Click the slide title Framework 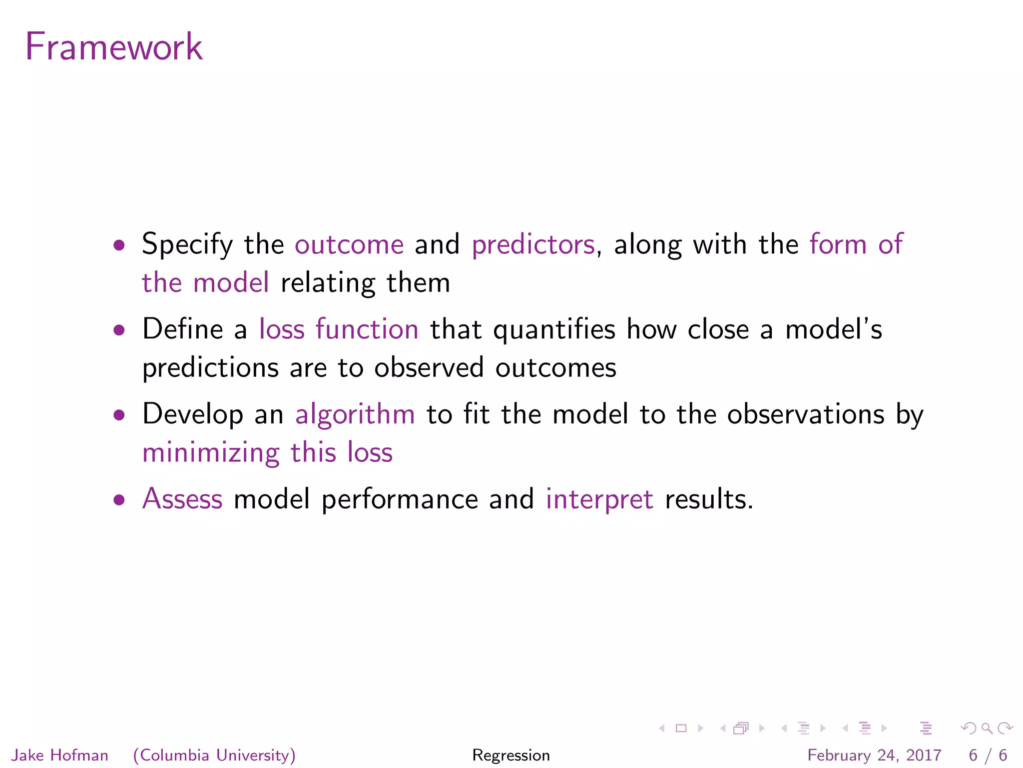(114, 46)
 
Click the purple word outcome (349, 244)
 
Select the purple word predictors (533, 245)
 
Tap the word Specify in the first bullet (187, 245)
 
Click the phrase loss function (339, 329)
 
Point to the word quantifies (554, 330)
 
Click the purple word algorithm (355, 414)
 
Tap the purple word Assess (182, 499)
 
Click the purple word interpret (599, 499)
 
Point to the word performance (400, 499)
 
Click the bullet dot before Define (119, 330)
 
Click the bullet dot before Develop (119, 414)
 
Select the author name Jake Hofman (60, 755)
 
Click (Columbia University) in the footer (214, 755)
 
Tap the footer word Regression (511, 755)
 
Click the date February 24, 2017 (874, 755)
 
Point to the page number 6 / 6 (988, 755)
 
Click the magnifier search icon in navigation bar (987, 728)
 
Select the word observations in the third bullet (805, 414)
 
